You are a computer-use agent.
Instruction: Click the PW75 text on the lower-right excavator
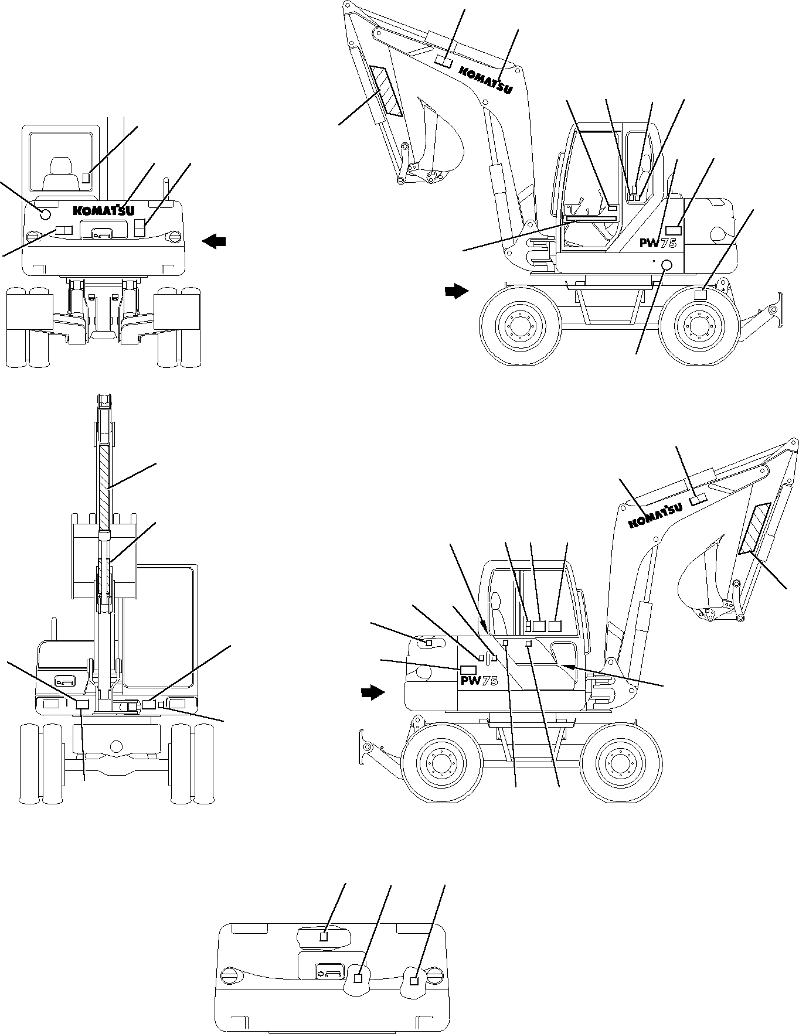[479, 681]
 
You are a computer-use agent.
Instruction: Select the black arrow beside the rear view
[215, 241]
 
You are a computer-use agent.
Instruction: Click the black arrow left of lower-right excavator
[372, 693]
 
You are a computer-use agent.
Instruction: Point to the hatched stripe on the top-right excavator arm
[386, 91]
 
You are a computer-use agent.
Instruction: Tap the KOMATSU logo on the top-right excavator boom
[485, 80]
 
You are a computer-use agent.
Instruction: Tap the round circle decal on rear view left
[45, 214]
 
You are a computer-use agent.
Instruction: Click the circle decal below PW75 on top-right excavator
[667, 265]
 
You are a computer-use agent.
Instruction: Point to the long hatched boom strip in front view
[104, 486]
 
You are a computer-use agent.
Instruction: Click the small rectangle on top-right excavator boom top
[443, 62]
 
